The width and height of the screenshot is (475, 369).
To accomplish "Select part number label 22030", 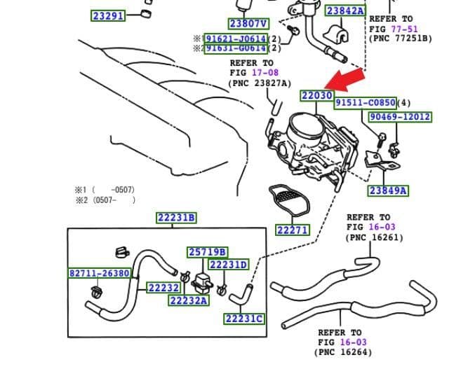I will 316,95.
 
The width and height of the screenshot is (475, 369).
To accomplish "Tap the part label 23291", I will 109,15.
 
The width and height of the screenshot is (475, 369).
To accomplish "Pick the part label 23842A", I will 345,11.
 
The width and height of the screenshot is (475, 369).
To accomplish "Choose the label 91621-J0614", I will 235,39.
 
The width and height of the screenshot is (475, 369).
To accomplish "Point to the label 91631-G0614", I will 235,48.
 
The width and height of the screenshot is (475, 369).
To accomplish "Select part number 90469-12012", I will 399,117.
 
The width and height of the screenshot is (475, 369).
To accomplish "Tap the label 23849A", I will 388,190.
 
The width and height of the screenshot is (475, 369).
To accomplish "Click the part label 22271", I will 292,230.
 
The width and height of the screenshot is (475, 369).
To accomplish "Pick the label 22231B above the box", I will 176,218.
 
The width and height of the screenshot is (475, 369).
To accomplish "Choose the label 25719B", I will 207,252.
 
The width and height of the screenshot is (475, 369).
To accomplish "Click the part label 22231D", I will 229,265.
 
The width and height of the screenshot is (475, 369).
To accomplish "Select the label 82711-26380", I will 99,273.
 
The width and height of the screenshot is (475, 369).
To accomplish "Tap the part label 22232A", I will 189,300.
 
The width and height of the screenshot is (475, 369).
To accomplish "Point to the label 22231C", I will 244,319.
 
